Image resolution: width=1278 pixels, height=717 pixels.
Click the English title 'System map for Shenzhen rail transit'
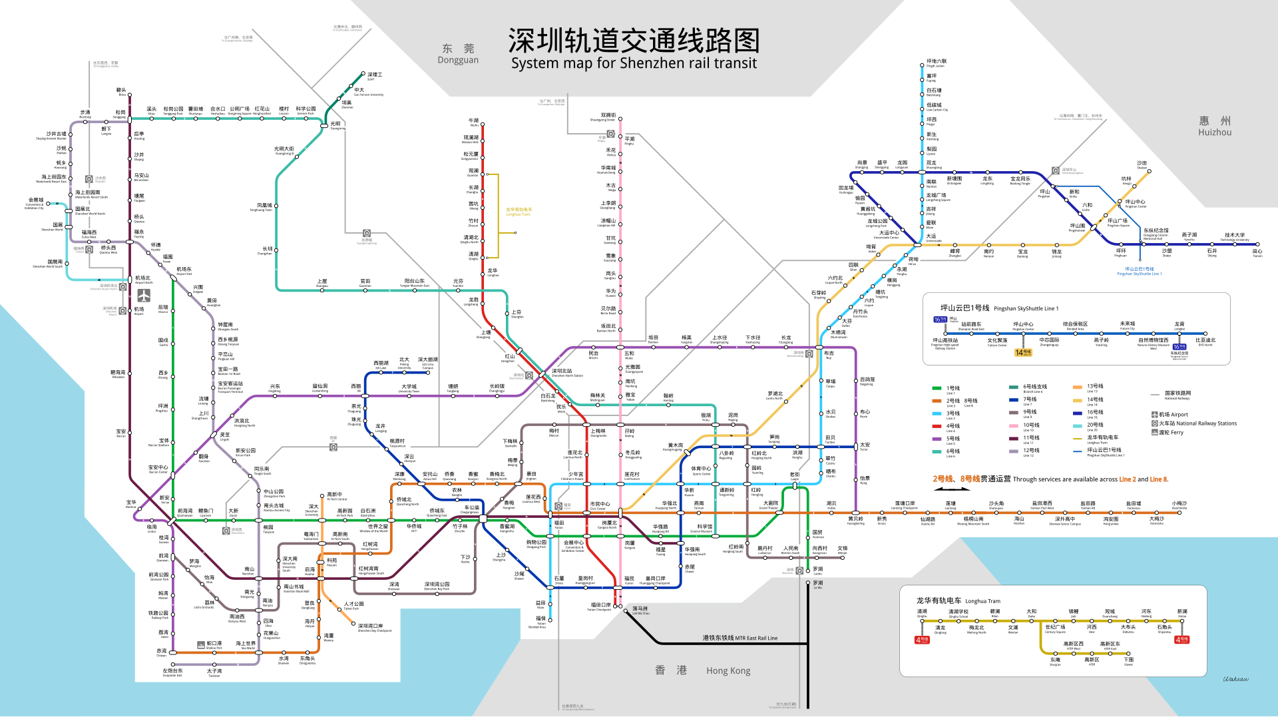click(x=634, y=63)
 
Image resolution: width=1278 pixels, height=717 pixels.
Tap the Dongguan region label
click(x=458, y=54)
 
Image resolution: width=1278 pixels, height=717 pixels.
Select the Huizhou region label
click(x=1215, y=126)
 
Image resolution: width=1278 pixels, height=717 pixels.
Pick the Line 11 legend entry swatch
click(x=1014, y=439)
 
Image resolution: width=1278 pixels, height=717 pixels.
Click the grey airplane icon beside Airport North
click(x=144, y=295)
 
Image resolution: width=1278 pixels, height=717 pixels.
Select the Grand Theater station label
click(x=769, y=505)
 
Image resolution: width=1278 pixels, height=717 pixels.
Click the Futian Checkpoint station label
click(x=600, y=606)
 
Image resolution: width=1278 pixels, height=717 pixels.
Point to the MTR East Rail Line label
click(x=740, y=638)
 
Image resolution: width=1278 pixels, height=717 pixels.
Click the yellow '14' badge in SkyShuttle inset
click(x=1023, y=353)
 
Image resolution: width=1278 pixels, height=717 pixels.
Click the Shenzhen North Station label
click(x=566, y=373)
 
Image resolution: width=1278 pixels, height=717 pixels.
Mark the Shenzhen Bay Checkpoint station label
click(x=375, y=628)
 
